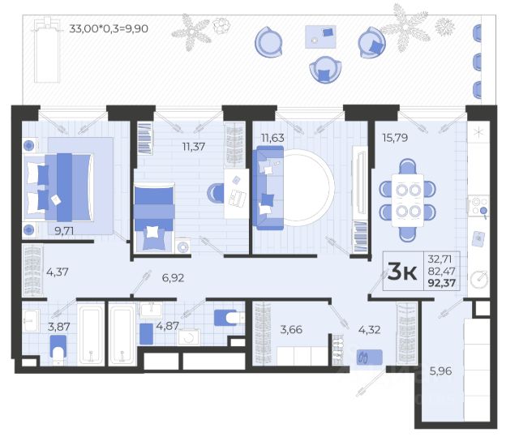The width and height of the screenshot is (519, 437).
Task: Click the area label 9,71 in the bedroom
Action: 64,230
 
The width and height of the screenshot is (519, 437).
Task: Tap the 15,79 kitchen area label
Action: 395,137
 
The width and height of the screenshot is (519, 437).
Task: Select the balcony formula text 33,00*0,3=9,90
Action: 108,28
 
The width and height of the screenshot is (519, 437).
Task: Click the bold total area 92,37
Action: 441,283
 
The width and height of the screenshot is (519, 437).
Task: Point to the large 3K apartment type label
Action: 402,271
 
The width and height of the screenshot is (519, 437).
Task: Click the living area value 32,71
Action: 440,259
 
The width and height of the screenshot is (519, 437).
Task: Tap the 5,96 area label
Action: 440,371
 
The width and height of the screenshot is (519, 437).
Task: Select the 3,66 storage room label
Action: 291,329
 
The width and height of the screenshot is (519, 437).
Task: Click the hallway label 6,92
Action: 173,277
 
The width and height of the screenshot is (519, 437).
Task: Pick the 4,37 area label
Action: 58,272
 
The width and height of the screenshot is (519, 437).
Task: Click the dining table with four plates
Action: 407,200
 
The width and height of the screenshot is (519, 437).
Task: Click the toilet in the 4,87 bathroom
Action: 229,318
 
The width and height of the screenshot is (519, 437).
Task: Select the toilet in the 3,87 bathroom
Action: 58,350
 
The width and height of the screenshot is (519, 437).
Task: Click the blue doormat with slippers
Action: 370,358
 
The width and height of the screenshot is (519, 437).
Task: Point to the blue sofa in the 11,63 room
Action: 268,187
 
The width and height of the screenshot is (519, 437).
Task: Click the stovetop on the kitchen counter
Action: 478,206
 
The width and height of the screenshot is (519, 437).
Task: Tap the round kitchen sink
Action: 479,280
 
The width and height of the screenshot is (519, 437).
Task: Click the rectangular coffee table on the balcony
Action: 320,36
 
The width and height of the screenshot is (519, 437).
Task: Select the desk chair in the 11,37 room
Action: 216,192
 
